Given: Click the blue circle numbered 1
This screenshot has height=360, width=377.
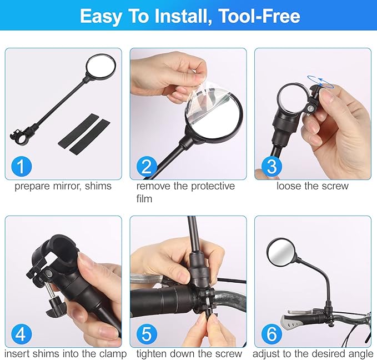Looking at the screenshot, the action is pos(22,166).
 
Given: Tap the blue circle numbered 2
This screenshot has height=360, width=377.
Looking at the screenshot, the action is pos(147,166).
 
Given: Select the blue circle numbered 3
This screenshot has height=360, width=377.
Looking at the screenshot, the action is pos(272,166).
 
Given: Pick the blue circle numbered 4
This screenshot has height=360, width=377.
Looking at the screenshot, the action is pos(22,334).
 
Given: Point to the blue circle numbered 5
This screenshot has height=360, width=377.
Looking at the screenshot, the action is pos(147,334).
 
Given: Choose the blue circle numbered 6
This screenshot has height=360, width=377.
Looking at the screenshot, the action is pos(272,334).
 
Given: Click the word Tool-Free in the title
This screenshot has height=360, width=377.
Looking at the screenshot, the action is pos(260,16).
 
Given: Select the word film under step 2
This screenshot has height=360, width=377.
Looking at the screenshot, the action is pos(144,199).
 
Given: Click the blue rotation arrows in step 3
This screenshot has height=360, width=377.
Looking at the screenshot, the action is pos(320,81).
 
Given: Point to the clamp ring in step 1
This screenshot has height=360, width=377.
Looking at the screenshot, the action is pos(20,138).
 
